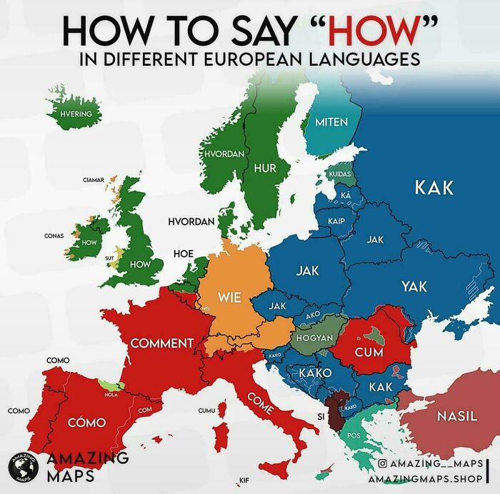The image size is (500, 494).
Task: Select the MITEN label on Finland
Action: click(x=331, y=121)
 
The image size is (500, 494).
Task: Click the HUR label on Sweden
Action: click(x=265, y=168)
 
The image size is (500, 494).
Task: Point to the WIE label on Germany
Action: click(x=229, y=296)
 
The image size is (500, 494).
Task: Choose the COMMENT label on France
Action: click(x=162, y=343)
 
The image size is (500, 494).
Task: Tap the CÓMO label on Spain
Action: click(x=86, y=423)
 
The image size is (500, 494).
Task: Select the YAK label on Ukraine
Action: click(x=414, y=286)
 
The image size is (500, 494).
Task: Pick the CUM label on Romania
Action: click(x=369, y=352)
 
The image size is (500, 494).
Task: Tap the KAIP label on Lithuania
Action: click(x=336, y=221)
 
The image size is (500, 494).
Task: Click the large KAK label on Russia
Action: click(x=434, y=188)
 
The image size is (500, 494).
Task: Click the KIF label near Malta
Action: click(x=243, y=479)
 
